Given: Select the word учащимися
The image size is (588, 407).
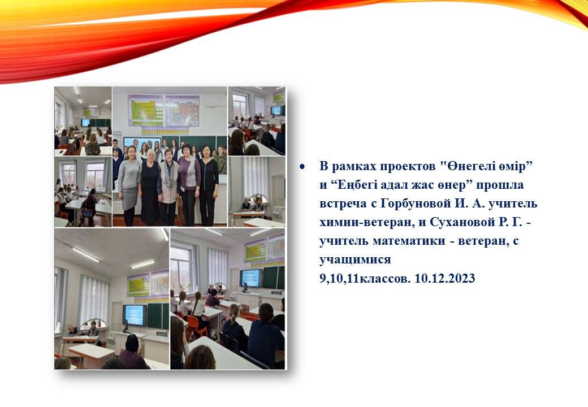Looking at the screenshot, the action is [355, 260].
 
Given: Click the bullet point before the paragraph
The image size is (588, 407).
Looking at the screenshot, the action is [302, 166].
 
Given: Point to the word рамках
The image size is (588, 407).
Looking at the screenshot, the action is [354, 167].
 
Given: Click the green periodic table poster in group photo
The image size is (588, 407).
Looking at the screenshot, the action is [146, 110].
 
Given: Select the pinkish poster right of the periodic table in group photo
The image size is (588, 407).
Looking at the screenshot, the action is [182, 110].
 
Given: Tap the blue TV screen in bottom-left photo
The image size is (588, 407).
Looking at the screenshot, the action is [134, 314].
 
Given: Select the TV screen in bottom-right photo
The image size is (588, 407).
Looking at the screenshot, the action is [251, 278].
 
